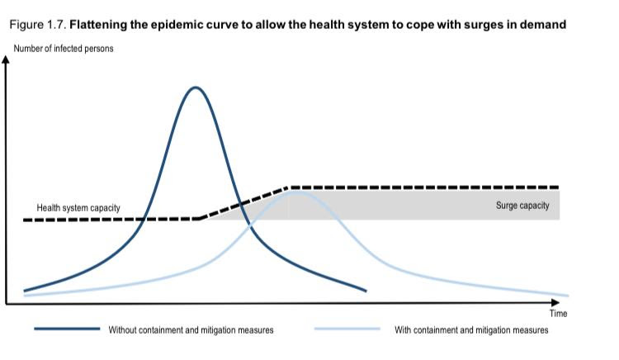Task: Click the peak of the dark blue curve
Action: point(196,88)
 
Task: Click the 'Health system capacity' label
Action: point(78,207)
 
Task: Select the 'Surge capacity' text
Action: point(522,206)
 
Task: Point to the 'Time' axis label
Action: point(558,314)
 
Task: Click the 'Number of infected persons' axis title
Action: point(64,49)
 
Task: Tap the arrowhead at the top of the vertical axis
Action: point(6,59)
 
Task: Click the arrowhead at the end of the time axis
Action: point(555,302)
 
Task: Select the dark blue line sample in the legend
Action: point(67,329)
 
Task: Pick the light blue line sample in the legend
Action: point(347,329)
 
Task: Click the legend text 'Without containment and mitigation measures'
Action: point(191,330)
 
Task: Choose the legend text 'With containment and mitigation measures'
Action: point(471,330)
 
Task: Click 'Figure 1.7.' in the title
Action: point(38,25)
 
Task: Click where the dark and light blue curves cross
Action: point(250,226)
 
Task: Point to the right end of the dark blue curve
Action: point(366,291)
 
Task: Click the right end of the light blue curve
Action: point(568,296)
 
